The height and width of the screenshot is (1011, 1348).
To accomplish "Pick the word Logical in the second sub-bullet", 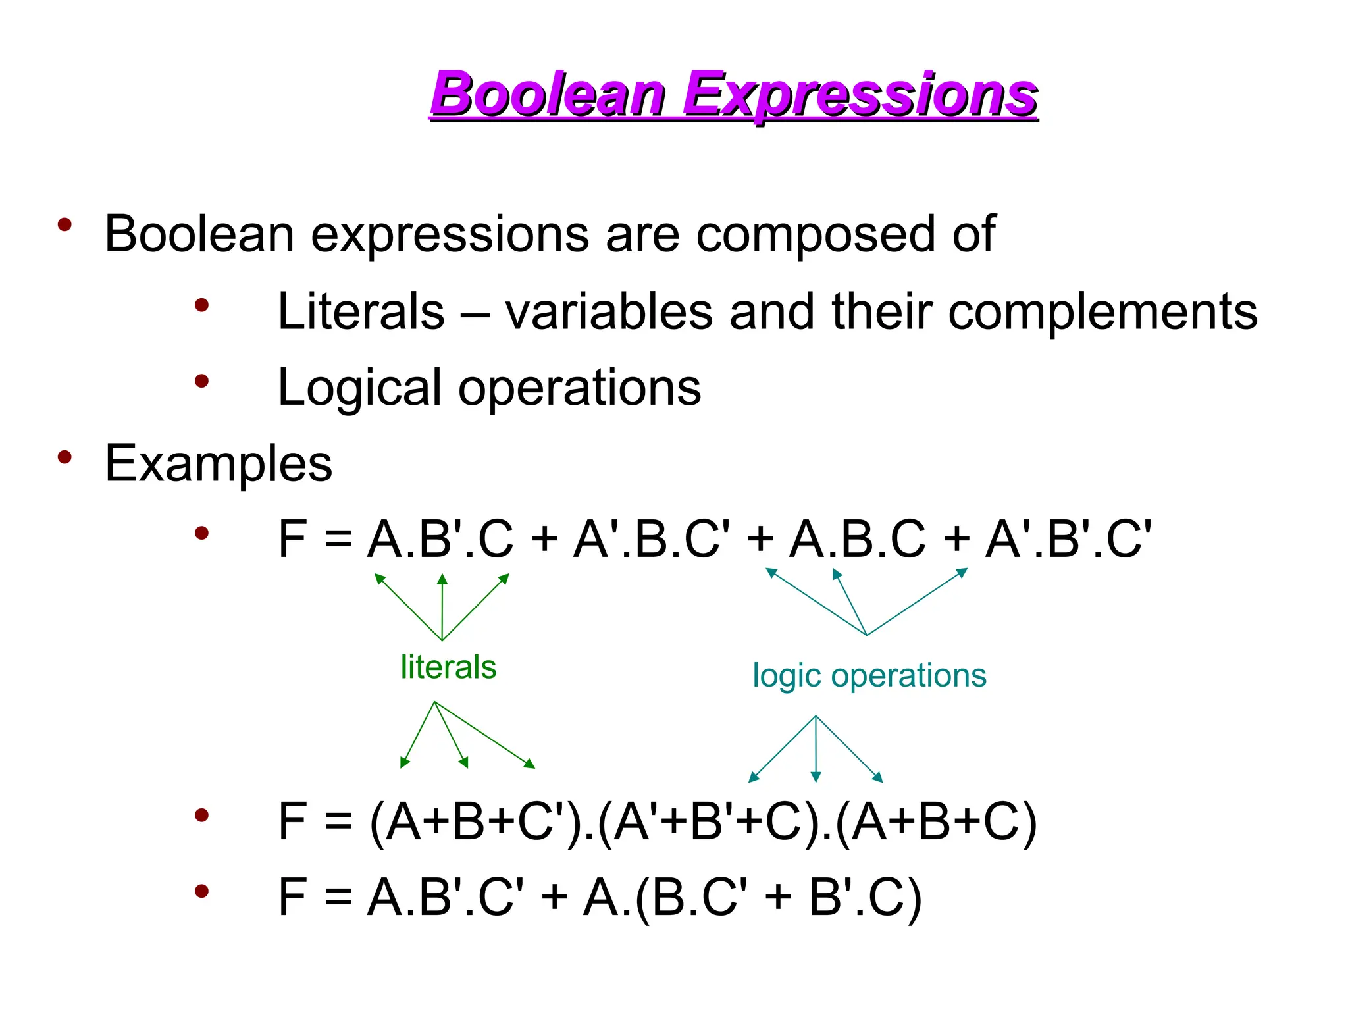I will point(359,388).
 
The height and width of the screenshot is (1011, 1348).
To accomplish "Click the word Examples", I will point(219,463).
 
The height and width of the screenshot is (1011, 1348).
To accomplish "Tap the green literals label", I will point(448,667).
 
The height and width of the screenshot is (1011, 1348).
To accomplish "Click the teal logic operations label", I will point(869,676).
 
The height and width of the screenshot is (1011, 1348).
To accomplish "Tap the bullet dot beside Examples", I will point(65,456).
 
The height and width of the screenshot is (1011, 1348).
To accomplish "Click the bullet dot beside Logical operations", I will point(201,380).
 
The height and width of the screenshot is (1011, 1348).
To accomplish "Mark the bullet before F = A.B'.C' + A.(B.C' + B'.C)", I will point(201,891).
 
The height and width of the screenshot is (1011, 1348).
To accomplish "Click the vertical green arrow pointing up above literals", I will point(442,606).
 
